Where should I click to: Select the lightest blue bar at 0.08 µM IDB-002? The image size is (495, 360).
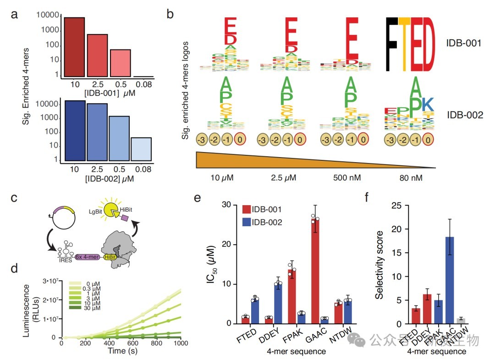pos(140,148)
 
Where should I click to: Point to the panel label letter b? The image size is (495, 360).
pos(170,14)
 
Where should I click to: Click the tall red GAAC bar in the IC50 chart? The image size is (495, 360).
pos(314,270)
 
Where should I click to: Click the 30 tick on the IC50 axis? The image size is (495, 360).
pos(230,205)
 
